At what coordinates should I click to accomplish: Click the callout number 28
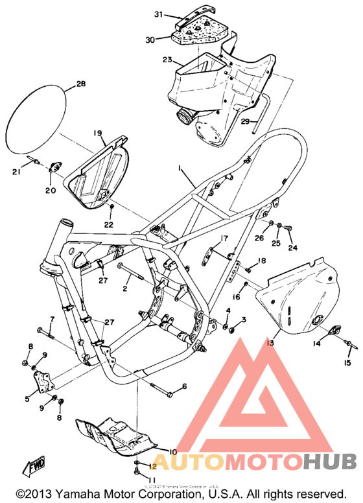pos(80,84)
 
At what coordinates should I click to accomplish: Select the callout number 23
pos(167,60)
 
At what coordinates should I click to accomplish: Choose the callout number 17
pos(224,239)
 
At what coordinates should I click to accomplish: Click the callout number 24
pos(291,248)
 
